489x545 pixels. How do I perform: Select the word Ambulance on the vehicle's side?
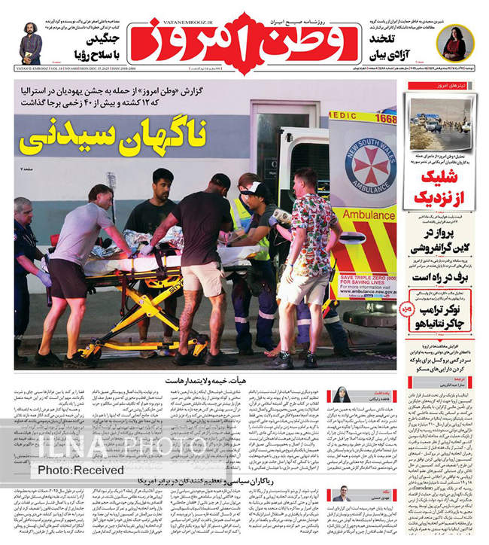[x=369, y=215]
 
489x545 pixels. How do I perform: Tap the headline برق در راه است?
[x=444, y=276]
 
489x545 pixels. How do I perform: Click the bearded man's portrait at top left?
[x=31, y=44]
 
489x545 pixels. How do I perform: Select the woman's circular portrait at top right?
[x=455, y=44]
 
